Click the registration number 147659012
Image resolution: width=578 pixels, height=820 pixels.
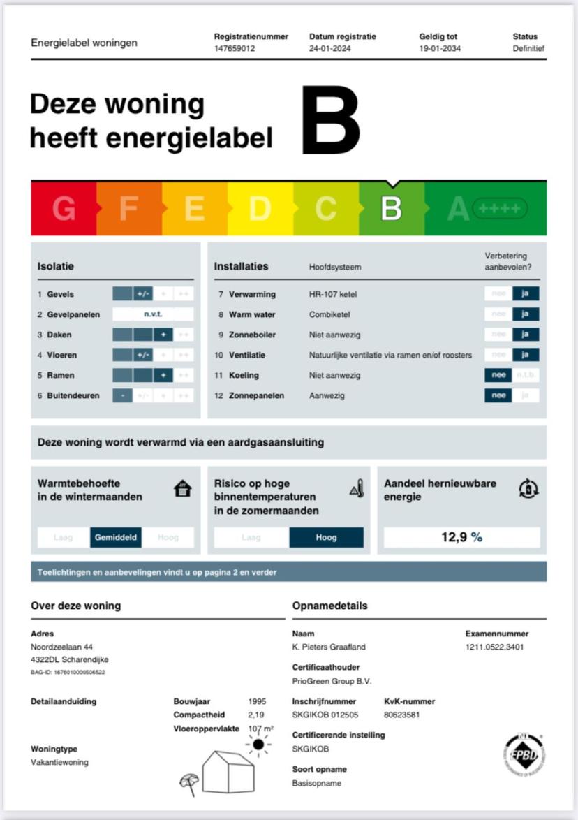click(234, 49)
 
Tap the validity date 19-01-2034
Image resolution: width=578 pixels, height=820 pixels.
click(440, 49)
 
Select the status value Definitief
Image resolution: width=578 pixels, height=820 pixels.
click(528, 49)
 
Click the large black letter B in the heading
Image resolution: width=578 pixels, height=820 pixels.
click(330, 120)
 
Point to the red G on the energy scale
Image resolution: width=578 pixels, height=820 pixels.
click(64, 209)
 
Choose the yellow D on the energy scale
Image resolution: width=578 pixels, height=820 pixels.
click(260, 209)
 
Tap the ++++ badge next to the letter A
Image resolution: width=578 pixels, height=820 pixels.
click(500, 208)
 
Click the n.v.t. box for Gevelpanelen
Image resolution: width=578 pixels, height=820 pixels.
click(153, 314)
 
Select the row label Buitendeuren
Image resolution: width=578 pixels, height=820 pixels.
click(73, 395)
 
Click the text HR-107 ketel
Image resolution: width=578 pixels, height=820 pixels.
click(333, 294)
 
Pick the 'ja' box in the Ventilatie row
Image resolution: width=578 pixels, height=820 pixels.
click(526, 355)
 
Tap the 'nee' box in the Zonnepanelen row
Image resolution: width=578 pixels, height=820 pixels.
click(498, 395)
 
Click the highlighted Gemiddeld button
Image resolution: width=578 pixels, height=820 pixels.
click(116, 537)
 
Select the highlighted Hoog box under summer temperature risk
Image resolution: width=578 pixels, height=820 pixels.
click(326, 537)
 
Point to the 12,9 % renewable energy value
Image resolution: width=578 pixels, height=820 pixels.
click(461, 537)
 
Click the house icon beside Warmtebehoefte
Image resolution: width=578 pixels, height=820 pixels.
click(182, 489)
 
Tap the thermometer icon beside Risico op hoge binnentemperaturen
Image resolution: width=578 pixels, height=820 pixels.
click(357, 489)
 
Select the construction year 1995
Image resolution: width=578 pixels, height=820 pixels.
click(257, 701)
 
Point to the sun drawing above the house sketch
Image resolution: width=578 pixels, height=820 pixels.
click(258, 745)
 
